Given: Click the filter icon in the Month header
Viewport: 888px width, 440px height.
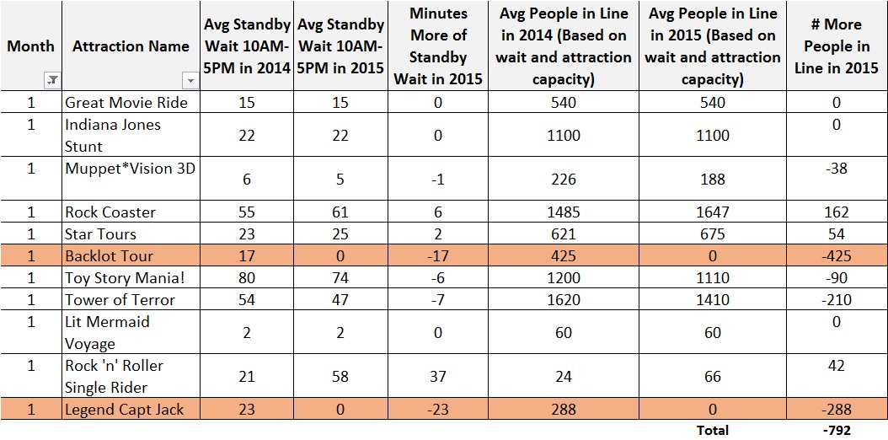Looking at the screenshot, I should [x=52, y=80].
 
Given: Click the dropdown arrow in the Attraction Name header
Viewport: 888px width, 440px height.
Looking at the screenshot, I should [x=190, y=80].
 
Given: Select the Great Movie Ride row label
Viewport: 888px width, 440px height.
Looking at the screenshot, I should [x=126, y=102].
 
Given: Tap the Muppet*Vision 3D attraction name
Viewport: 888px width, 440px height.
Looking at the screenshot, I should [x=130, y=168].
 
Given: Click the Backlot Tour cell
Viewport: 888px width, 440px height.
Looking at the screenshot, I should [x=110, y=255].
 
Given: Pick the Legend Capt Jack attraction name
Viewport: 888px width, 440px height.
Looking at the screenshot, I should [x=125, y=410].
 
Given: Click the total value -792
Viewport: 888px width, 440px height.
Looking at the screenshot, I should [x=836, y=430].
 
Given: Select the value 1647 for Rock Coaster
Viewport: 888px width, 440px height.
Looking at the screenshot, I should [x=713, y=212].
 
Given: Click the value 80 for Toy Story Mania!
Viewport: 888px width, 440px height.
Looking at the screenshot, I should [x=247, y=277].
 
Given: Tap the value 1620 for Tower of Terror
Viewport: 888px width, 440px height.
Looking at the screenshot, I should [x=564, y=299].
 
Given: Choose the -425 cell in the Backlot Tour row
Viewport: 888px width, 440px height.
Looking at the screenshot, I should [x=836, y=255].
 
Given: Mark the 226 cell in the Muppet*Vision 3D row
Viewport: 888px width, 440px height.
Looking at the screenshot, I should [x=564, y=179].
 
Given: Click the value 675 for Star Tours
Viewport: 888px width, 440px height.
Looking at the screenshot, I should [x=713, y=233].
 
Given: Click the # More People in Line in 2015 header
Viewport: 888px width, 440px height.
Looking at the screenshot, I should [x=836, y=46].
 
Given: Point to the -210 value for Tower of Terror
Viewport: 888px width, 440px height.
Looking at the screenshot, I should [x=836, y=299].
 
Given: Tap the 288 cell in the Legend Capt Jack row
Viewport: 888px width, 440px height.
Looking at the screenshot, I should [x=564, y=410].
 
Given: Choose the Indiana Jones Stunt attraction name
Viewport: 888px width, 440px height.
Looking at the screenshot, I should [x=113, y=135].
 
